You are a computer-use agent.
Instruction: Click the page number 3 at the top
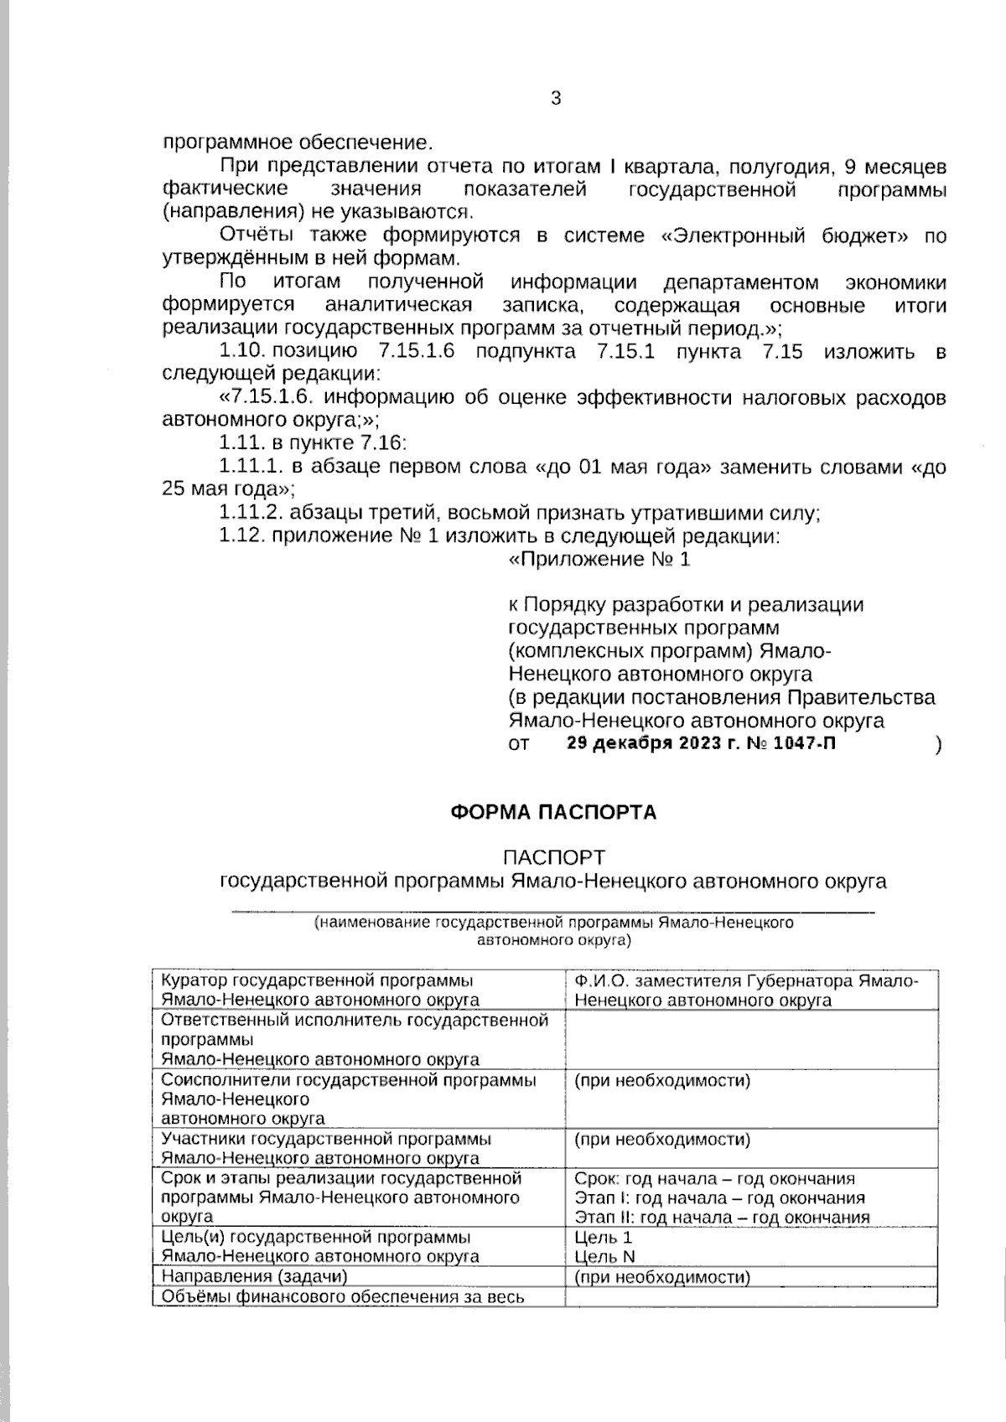pyautogui.click(x=555, y=98)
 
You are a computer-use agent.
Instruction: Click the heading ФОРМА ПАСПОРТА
pyautogui.click(x=553, y=812)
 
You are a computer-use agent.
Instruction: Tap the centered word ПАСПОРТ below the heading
pyautogui.click(x=553, y=857)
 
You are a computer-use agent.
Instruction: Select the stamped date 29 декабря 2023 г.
pyautogui.click(x=645, y=743)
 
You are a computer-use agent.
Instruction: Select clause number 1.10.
pyautogui.click(x=242, y=351)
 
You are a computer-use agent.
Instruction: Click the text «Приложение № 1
pyautogui.click(x=599, y=559)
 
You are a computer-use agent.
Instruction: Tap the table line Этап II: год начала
pyautogui.click(x=722, y=1218)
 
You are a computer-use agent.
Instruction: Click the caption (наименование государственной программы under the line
pyautogui.click(x=553, y=923)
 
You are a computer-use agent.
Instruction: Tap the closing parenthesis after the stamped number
pyautogui.click(x=938, y=744)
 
